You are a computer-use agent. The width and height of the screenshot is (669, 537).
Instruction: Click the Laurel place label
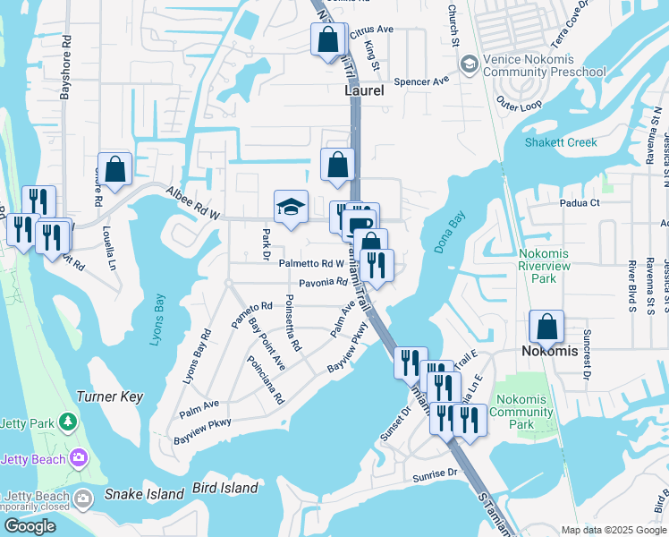coord(364,91)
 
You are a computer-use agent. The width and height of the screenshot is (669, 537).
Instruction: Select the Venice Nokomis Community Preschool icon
coord(468,64)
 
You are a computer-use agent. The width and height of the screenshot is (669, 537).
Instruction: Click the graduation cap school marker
coord(291,207)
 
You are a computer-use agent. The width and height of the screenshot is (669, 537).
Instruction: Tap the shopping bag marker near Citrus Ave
coord(328,38)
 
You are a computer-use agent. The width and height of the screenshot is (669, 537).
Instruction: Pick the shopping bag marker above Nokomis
coord(546,327)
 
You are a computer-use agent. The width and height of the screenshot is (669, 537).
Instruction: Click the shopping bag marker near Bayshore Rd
coord(114,168)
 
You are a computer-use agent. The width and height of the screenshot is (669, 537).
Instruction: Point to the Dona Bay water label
coord(451,234)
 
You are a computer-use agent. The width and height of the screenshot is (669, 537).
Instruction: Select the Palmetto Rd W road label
coord(310,263)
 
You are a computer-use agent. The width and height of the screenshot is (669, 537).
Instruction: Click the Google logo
coord(30,525)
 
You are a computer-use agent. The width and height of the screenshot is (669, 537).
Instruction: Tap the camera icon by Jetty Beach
coord(80,458)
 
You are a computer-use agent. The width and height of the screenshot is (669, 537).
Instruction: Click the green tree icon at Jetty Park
coord(67,421)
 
